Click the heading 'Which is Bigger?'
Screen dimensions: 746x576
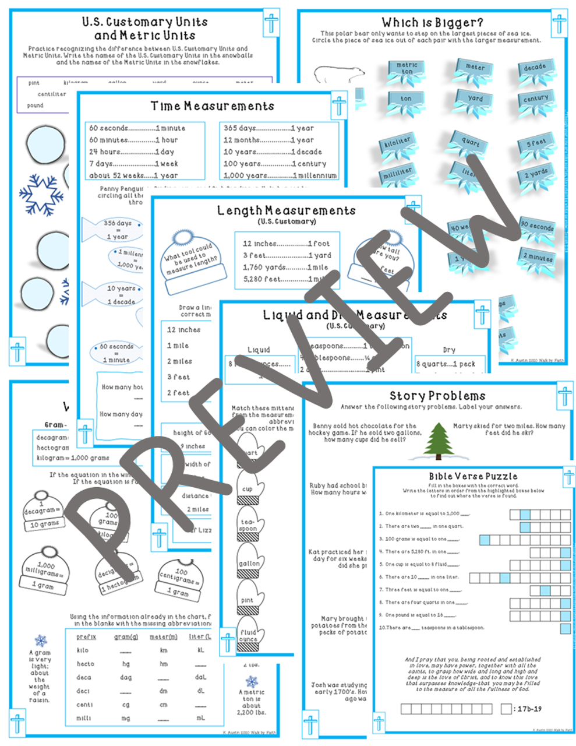[x=432, y=23]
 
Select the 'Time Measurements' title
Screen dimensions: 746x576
[x=212, y=106]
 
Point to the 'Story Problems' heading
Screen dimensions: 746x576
[x=437, y=396]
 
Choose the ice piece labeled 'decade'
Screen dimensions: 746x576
[x=535, y=69]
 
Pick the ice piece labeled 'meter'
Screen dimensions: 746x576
[x=475, y=69]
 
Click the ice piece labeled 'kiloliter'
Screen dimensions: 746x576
[x=398, y=143]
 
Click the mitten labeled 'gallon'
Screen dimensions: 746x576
[x=249, y=561]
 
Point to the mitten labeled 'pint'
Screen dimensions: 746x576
[x=248, y=599]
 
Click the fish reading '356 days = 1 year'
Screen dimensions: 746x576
[x=114, y=230]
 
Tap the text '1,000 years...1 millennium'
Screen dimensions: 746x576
[x=280, y=175]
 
